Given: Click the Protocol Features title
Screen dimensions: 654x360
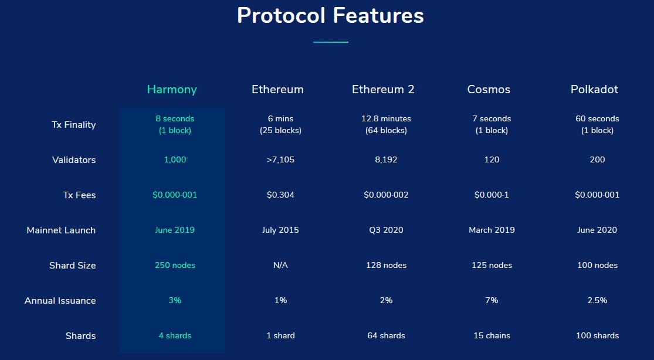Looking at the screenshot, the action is pyautogui.click(x=330, y=16).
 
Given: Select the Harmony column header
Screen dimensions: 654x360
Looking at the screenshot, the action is pyautogui.click(x=172, y=90).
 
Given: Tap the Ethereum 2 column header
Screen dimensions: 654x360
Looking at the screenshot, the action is pyautogui.click(x=383, y=89).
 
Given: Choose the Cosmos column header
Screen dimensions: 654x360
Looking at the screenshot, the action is pyautogui.click(x=489, y=89).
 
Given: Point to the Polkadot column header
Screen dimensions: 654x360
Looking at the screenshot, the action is pyautogui.click(x=594, y=89).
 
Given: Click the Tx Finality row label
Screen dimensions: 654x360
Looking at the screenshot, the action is pyautogui.click(x=73, y=125).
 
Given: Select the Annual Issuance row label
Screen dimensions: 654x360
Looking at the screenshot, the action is pyautogui.click(x=60, y=300).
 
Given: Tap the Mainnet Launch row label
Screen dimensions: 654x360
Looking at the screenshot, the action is pyautogui.click(x=61, y=230).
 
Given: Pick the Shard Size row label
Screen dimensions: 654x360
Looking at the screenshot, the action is pyautogui.click(x=73, y=265).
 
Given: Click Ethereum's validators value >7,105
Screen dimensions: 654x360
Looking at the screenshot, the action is pyautogui.click(x=280, y=159).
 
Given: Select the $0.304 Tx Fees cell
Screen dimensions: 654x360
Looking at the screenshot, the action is pyautogui.click(x=280, y=195).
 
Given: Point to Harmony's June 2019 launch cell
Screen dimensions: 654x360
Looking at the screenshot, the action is pyautogui.click(x=175, y=230).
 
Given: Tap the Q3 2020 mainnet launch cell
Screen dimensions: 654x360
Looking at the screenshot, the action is pyautogui.click(x=386, y=230).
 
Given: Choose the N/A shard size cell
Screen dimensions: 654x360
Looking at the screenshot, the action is pyautogui.click(x=280, y=265).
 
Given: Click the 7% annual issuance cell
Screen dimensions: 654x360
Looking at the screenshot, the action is pyautogui.click(x=492, y=300).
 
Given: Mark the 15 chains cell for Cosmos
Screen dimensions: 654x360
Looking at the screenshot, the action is pyautogui.click(x=492, y=335).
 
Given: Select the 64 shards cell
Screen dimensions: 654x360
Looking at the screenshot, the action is pyautogui.click(x=386, y=335).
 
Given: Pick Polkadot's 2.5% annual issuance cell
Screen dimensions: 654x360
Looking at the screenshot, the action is pyautogui.click(x=597, y=300).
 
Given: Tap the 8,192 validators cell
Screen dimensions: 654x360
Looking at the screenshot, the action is pyautogui.click(x=386, y=159).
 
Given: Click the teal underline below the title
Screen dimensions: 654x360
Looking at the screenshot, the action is pyautogui.click(x=330, y=42).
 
